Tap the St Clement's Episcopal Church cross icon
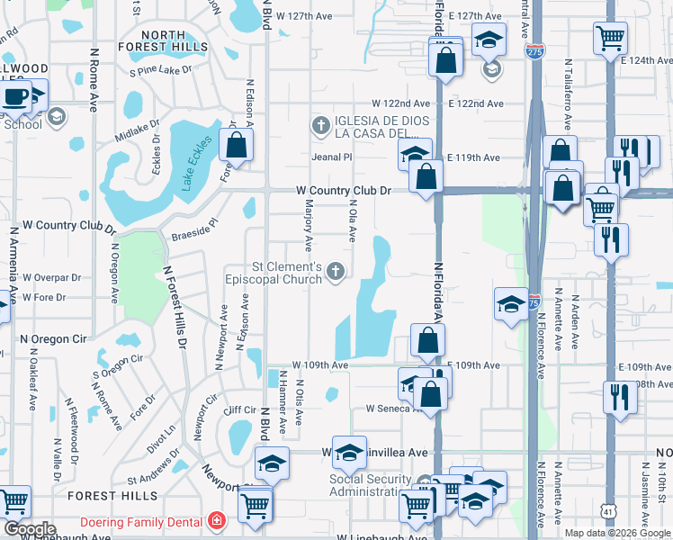coord(336,272)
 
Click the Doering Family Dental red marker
coord(216,521)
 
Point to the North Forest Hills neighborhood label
coord(163,40)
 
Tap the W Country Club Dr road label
coord(345,191)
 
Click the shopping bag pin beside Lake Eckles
coord(236,145)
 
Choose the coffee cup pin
coord(15,97)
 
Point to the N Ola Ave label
coord(353,220)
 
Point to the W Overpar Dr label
coord(51,278)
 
